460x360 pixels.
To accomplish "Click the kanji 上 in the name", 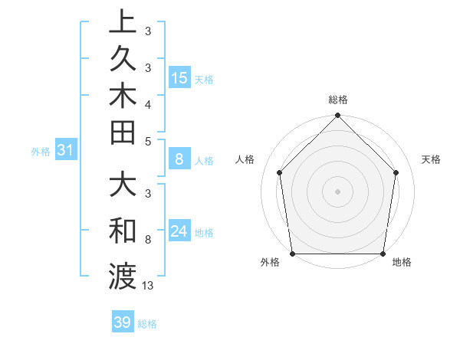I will click(123, 21).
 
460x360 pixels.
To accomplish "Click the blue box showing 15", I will click(179, 77).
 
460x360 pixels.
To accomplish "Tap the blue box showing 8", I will click(179, 159).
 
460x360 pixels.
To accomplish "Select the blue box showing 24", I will click(179, 231).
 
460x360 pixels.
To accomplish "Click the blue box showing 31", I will click(66, 151).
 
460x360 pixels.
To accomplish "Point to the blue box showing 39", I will click(123, 322).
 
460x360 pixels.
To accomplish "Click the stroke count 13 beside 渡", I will click(148, 286).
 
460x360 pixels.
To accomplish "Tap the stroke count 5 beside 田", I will click(148, 141).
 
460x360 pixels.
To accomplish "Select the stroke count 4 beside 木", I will click(148, 103).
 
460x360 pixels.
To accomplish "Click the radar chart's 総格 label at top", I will click(338, 100).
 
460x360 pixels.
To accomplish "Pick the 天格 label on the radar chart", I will click(431, 159).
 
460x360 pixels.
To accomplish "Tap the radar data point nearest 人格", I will click(280, 172).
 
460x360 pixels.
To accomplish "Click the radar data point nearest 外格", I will click(293, 254).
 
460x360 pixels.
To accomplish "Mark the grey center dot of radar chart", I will click(338, 191).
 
